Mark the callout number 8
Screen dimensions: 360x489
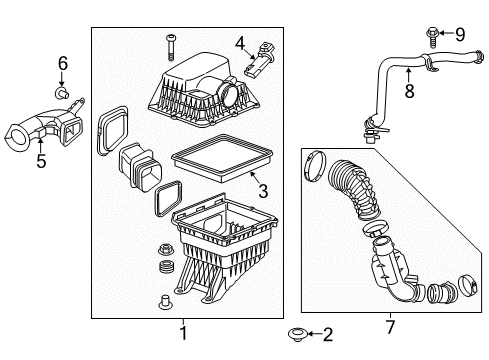pos(407,92)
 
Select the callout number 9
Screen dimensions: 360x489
pos(461,34)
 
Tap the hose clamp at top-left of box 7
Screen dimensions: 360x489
pos(313,160)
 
